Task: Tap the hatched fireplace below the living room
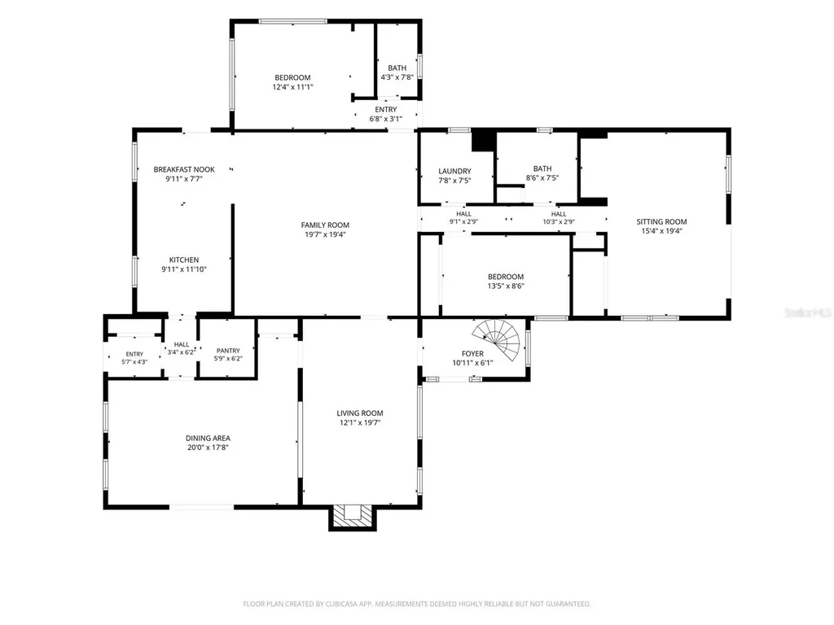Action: (352, 515)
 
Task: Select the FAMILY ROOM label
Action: (325, 225)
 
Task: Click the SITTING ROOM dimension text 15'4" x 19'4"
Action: (661, 231)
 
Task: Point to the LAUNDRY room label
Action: (454, 171)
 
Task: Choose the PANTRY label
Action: (228, 351)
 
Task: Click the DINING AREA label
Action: (208, 439)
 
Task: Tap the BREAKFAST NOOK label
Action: (184, 169)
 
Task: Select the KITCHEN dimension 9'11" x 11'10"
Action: (184, 269)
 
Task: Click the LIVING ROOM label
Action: (360, 413)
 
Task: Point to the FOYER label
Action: (473, 354)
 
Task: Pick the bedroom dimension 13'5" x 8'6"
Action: (506, 286)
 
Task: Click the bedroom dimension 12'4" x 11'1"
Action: (293, 87)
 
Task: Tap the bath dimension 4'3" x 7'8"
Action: (397, 77)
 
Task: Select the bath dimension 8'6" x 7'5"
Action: (542, 178)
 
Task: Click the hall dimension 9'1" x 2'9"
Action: (463, 221)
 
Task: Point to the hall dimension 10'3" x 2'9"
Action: (559, 221)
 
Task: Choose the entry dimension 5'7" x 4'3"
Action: (134, 362)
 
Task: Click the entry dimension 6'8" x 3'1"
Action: (386, 119)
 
